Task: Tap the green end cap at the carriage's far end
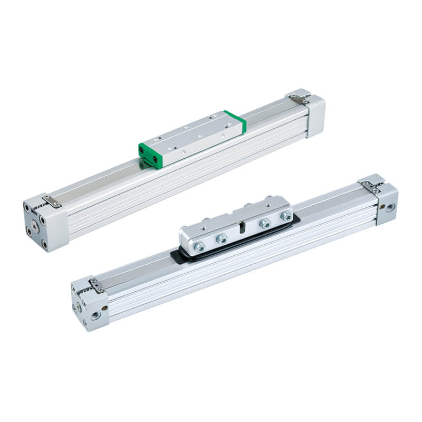(235, 121)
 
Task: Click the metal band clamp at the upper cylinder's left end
(52, 201)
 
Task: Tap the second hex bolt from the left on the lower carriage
(222, 239)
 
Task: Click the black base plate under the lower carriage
(179, 256)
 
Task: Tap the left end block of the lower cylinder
(90, 309)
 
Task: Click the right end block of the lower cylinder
(386, 203)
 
